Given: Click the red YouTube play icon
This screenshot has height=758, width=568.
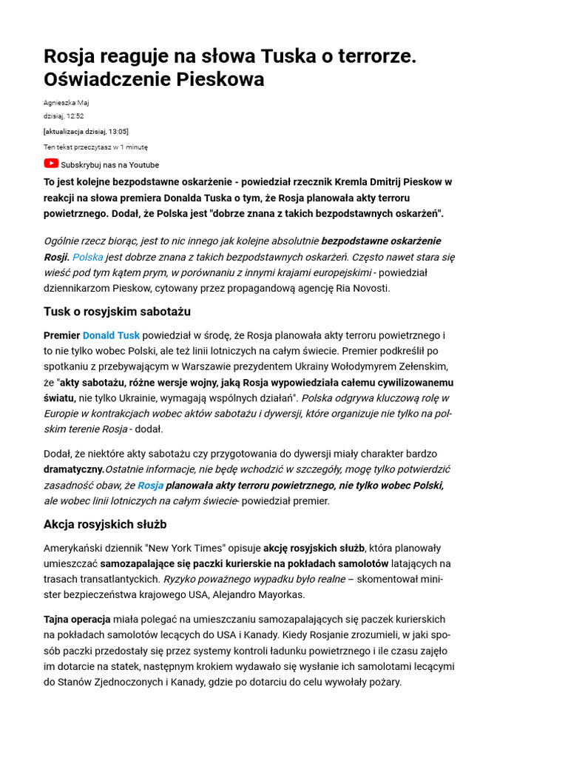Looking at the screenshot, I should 51,164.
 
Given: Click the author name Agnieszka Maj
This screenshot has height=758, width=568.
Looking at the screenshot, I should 66,103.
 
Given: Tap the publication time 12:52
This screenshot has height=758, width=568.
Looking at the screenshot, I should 75,116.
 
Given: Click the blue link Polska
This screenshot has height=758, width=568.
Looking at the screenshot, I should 87,257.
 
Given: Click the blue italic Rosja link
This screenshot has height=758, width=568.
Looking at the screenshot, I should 150,486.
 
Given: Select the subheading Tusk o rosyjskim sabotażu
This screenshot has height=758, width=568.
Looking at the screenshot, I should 117,312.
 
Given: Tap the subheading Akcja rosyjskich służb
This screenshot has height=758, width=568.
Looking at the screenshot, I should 105,524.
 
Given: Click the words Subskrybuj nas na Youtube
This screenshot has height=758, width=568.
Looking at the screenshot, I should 109,165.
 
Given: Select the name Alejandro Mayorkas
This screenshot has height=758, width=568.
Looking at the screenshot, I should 258,594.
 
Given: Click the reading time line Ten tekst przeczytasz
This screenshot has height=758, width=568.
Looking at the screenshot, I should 95,147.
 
